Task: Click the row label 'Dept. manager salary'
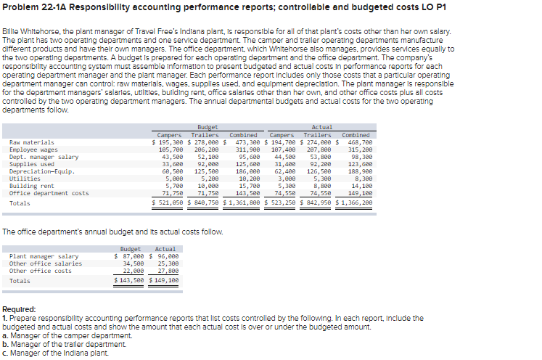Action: (44, 157)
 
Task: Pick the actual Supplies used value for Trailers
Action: (319, 164)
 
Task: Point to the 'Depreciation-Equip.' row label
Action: (42, 171)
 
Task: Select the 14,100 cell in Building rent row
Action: (361, 186)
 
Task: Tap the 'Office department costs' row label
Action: (49, 193)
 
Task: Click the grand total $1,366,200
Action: (356, 203)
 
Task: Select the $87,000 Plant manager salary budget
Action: (131, 256)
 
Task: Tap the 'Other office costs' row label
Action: (40, 271)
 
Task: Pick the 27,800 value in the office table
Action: (165, 271)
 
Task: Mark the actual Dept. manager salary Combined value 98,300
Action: (361, 157)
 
